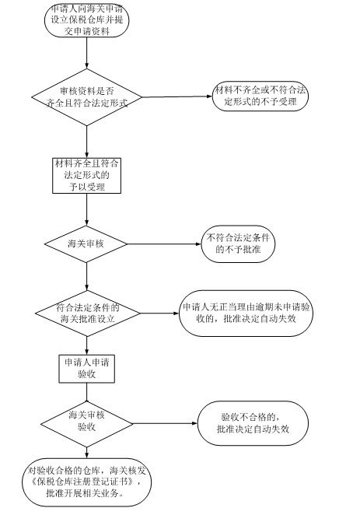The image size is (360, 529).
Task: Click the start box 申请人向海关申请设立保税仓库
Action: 86,19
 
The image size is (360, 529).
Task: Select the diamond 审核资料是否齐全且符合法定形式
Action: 86,97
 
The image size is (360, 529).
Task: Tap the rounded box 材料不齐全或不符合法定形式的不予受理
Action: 260,96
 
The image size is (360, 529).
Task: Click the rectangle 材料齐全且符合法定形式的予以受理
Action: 86,176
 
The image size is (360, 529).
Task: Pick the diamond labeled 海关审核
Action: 86,244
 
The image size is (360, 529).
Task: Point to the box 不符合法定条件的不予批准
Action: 238,244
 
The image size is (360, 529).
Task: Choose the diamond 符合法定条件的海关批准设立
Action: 87,314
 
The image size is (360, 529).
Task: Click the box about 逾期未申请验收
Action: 246,314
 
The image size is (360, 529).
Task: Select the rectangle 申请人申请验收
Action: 86,369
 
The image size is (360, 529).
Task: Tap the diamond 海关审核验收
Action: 86,424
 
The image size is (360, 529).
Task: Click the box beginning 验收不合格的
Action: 253,423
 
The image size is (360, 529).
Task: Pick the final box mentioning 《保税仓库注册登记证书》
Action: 86,482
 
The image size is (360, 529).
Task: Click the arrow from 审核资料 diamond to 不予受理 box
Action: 177,96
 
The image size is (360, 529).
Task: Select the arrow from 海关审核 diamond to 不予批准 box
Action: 165,244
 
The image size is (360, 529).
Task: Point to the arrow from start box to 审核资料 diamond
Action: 86,53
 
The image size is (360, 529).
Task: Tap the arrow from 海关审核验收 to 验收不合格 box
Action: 165,423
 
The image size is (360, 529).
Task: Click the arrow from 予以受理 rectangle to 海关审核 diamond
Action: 86,209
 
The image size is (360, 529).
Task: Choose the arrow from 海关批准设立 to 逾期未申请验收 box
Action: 159,314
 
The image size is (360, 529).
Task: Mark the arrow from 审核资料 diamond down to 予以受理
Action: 86,142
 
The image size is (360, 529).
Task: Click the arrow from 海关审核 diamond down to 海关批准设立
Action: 86,277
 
